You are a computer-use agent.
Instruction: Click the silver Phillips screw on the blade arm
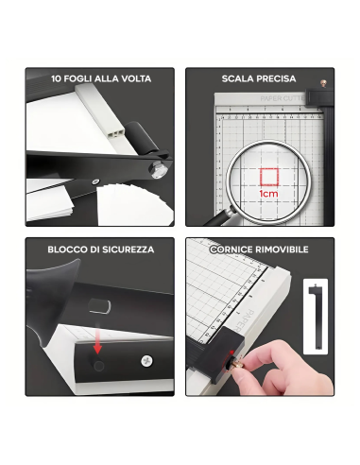pyautogui.click(x=146, y=358)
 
